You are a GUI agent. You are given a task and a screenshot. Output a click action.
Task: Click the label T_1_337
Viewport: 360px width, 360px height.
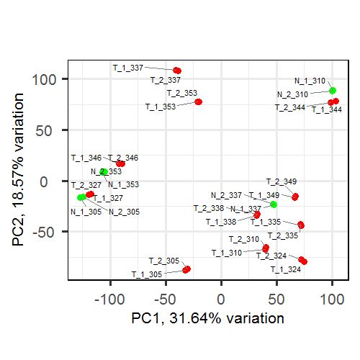(128, 67)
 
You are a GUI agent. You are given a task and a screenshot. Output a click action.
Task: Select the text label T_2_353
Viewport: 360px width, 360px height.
(181, 93)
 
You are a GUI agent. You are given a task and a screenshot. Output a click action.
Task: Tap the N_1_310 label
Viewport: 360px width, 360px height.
(310, 81)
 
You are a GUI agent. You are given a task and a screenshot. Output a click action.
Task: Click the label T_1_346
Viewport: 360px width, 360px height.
(86, 157)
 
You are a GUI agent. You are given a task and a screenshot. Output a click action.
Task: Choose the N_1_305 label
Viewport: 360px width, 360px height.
(86, 212)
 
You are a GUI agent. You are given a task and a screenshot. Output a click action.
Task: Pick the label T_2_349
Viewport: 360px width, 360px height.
(281, 181)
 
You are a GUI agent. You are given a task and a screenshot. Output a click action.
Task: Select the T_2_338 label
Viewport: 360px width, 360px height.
(209, 208)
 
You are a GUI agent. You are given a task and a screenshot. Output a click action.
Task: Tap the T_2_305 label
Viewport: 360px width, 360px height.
(163, 261)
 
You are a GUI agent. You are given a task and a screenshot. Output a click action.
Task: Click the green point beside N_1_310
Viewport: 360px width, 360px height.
(332, 91)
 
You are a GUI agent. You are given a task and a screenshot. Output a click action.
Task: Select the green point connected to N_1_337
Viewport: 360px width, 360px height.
(274, 204)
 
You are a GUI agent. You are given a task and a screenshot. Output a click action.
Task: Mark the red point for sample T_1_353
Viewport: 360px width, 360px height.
(198, 102)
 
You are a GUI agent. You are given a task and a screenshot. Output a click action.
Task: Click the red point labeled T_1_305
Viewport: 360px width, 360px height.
(186, 269)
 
